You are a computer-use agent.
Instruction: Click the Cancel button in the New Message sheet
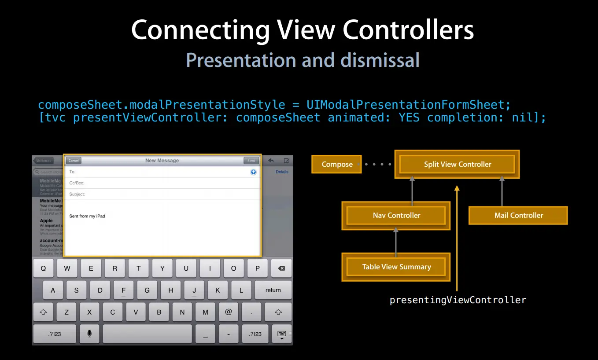click(x=74, y=161)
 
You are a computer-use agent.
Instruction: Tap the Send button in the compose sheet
click(x=251, y=161)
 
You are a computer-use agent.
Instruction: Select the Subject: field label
click(x=77, y=194)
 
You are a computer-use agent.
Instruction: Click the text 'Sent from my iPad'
click(x=87, y=216)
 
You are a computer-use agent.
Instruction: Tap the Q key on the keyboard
click(x=43, y=268)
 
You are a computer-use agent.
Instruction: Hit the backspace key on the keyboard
click(x=281, y=268)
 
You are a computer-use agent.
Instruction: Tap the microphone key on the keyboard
click(x=89, y=334)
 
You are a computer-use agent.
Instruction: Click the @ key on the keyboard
click(x=228, y=312)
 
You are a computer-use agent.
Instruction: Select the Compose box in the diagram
click(x=337, y=164)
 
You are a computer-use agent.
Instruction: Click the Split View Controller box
click(x=457, y=164)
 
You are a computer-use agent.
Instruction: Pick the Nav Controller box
click(x=396, y=215)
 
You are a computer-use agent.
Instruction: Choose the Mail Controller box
click(x=518, y=215)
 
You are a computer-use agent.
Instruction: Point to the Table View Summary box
click(x=396, y=267)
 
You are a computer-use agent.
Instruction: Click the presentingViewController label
click(x=458, y=300)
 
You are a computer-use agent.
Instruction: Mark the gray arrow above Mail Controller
click(x=502, y=191)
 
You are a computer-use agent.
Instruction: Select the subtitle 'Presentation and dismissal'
click(x=303, y=60)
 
